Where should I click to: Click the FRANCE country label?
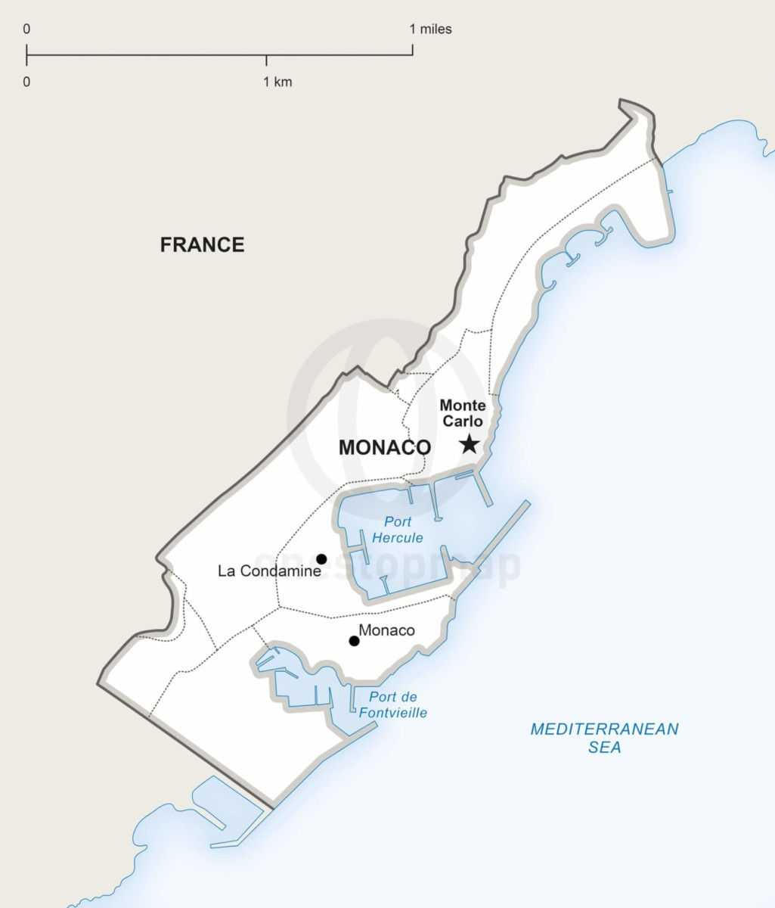click(x=202, y=244)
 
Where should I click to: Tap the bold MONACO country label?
click(x=384, y=447)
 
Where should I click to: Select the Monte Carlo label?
click(x=463, y=413)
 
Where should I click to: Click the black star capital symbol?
click(x=470, y=443)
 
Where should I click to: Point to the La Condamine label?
click(x=269, y=571)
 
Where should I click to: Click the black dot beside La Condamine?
click(x=321, y=559)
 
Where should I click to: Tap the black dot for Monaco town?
click(x=354, y=641)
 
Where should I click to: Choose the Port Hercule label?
click(x=398, y=530)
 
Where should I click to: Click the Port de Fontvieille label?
click(x=392, y=704)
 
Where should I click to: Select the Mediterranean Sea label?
click(x=604, y=738)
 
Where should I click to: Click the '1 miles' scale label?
click(x=430, y=30)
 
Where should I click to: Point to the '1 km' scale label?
click(x=277, y=82)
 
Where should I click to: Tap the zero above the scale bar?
click(x=26, y=30)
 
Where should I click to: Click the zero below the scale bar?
click(x=26, y=82)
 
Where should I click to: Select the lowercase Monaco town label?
click(x=386, y=630)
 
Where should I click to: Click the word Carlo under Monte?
click(x=463, y=421)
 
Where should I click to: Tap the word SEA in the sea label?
click(x=604, y=748)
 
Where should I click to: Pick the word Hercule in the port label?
click(x=398, y=538)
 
